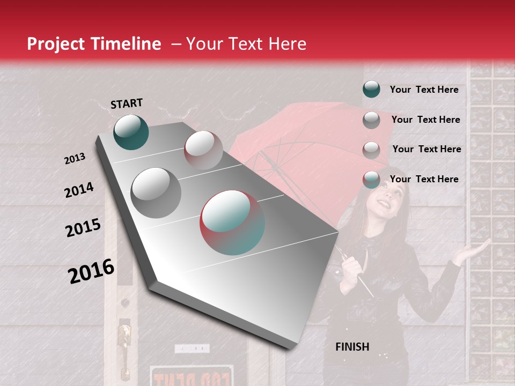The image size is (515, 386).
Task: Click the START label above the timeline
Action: (x=127, y=103)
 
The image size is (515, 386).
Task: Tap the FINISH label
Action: (x=352, y=347)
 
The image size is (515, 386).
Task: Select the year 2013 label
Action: (x=75, y=159)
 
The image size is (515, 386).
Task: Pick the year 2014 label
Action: (x=79, y=190)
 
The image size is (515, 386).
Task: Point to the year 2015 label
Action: (x=83, y=228)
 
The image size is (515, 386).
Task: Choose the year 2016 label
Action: (x=91, y=271)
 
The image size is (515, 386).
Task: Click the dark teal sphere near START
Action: (x=131, y=132)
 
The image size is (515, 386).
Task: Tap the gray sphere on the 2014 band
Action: (x=156, y=192)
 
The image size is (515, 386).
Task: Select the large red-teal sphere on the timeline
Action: (x=232, y=222)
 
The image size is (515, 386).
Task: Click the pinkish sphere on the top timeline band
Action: (x=203, y=150)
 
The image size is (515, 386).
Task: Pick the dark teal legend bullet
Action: (x=371, y=89)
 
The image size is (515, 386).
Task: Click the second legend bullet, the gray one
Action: (x=371, y=120)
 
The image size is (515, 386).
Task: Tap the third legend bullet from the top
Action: (x=371, y=150)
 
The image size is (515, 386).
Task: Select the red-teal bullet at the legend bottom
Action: (x=371, y=180)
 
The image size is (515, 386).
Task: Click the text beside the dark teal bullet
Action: (x=424, y=90)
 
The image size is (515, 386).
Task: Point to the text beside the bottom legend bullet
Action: (x=424, y=179)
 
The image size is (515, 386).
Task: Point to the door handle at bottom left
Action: (x=124, y=335)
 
